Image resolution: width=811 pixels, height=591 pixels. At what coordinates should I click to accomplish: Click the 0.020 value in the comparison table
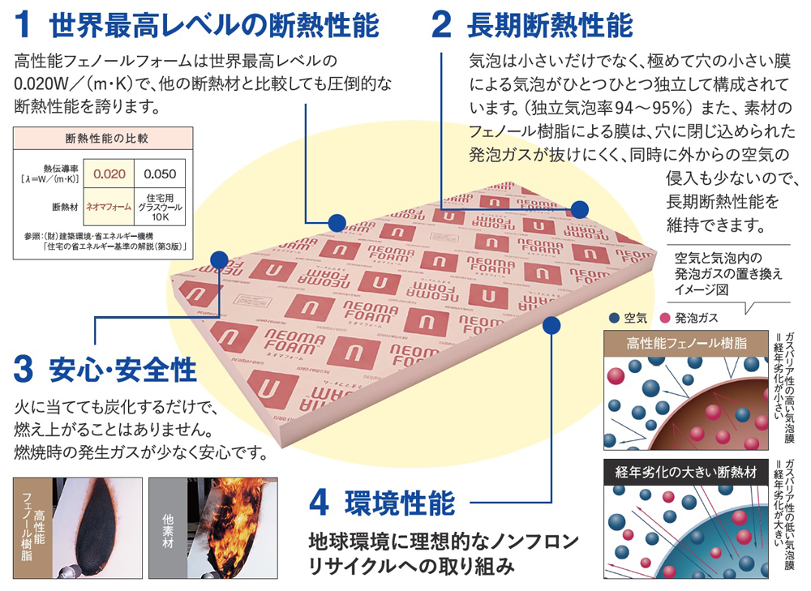(x=108, y=173)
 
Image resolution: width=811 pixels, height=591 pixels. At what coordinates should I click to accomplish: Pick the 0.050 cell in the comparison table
(x=160, y=173)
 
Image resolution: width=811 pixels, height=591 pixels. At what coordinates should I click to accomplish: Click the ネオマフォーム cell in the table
(x=108, y=207)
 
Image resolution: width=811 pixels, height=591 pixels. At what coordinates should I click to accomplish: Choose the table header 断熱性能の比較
(x=101, y=138)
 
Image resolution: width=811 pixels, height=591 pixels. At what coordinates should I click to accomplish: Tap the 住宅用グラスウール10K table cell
(x=160, y=207)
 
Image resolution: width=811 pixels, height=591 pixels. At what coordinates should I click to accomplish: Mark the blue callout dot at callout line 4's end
(x=552, y=325)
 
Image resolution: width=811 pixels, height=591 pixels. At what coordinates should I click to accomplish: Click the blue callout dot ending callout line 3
(x=217, y=259)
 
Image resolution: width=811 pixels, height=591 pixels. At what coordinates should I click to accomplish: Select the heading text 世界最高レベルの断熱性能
(x=214, y=25)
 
